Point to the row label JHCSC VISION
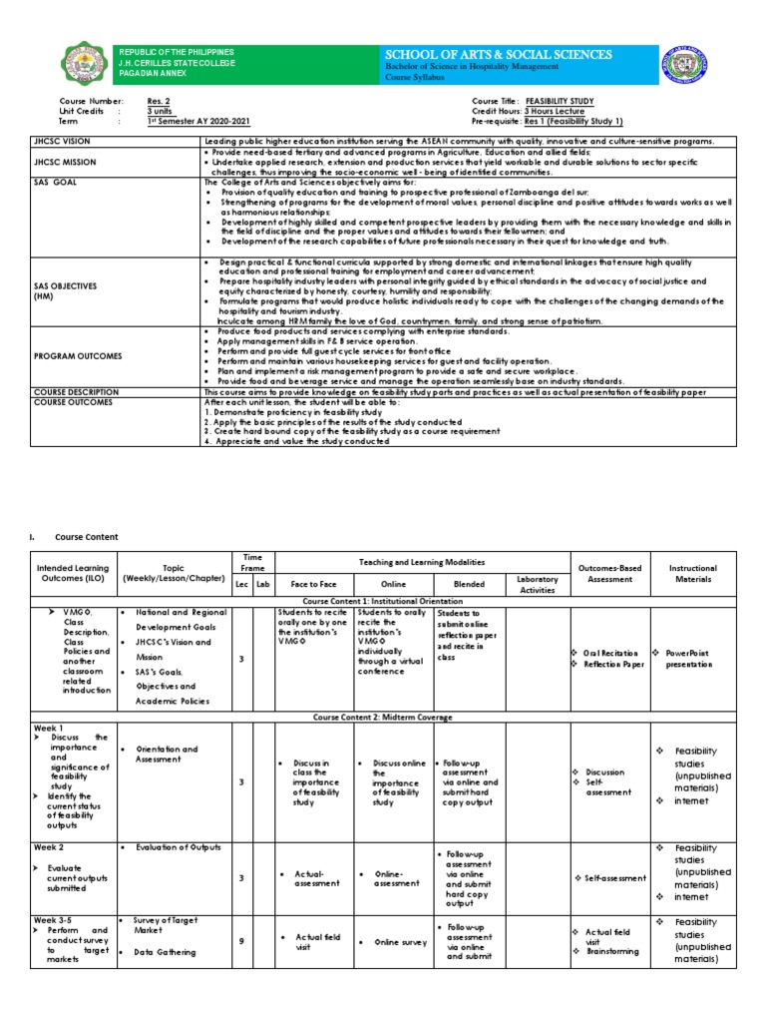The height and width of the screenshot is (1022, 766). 66,142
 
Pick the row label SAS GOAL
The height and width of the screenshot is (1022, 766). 56,183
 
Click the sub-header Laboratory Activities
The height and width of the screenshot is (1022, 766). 538,585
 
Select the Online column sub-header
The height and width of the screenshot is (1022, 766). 394,585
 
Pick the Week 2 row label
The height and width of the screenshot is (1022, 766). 49,847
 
